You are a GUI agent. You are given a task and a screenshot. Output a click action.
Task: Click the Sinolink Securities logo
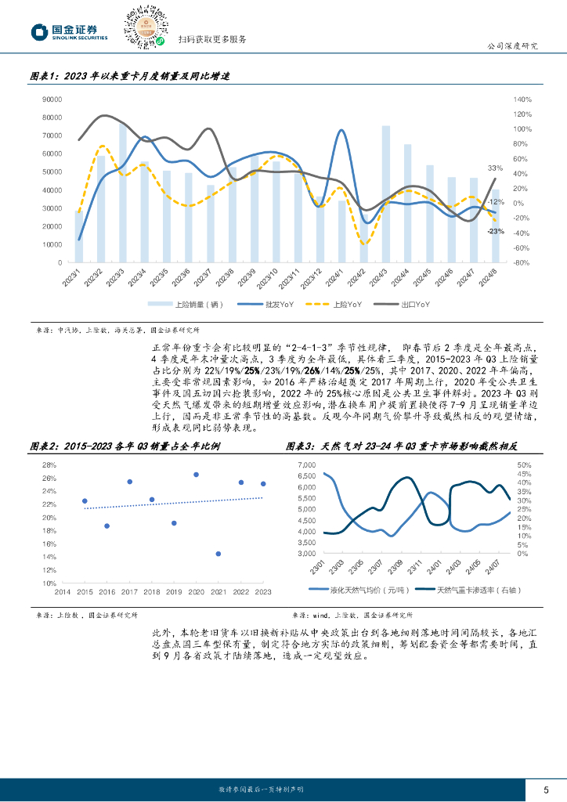[x=69, y=31]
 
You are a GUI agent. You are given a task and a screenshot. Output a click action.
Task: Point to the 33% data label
[x=495, y=168]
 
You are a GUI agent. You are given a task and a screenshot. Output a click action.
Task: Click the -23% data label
[x=495, y=232]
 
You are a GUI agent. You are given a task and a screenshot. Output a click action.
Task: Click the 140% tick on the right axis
[x=522, y=99]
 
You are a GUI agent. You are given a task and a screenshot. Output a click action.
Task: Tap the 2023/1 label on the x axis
[x=74, y=278]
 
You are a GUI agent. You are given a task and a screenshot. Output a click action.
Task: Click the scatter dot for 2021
[x=218, y=554]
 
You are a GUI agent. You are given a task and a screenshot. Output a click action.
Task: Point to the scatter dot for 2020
[x=196, y=475]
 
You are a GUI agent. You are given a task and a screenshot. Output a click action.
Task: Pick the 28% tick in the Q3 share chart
[x=48, y=465]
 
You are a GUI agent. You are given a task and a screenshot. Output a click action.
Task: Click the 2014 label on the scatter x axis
[x=63, y=592]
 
